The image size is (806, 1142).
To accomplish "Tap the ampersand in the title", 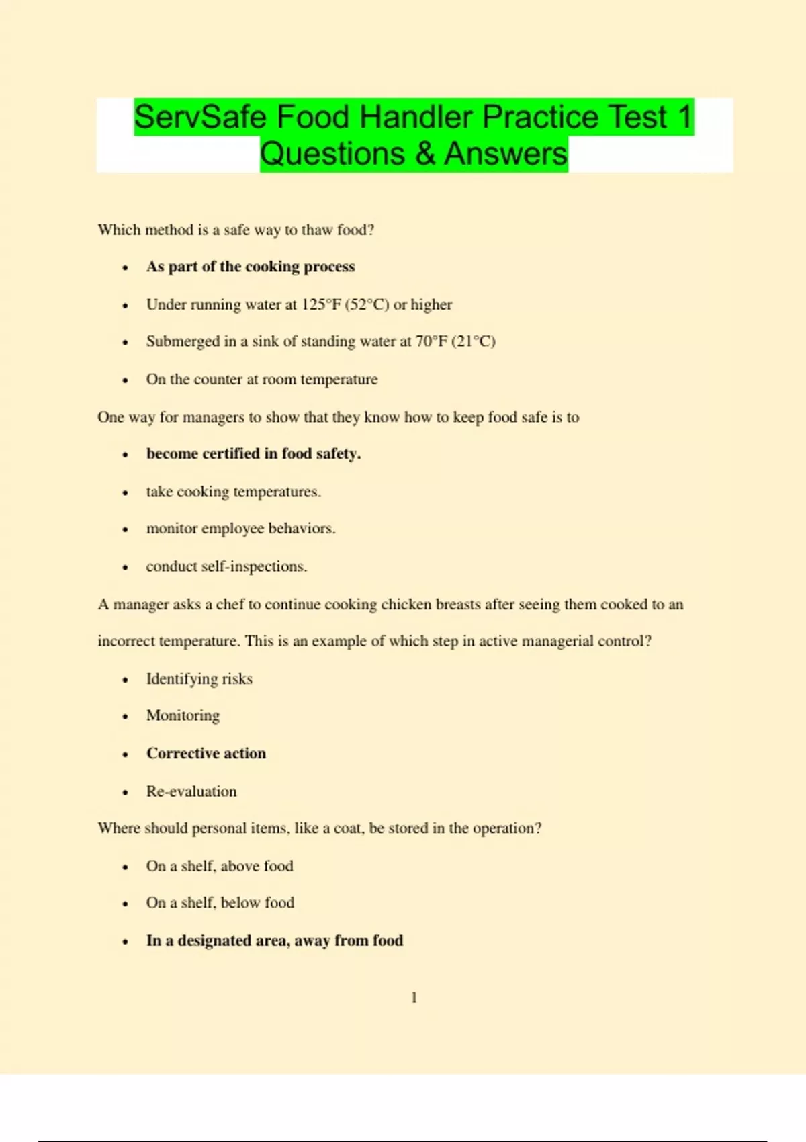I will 424,154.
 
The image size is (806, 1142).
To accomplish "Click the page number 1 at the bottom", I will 414,998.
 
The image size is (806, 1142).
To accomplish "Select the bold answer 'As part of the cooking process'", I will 251,267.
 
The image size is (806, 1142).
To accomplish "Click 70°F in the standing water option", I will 431,341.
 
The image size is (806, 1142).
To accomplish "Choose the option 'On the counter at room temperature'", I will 262,379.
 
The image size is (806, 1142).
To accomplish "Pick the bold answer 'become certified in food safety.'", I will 253,454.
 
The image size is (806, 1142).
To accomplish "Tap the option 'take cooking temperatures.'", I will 234,492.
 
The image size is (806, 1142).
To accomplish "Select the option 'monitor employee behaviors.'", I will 240,529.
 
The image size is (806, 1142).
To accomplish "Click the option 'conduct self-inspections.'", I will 226,566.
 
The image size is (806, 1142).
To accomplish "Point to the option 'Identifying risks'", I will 199,679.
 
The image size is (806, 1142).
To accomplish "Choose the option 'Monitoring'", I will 183,715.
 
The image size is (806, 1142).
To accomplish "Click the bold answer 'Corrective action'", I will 206,754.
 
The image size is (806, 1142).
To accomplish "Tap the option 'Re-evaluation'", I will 191,791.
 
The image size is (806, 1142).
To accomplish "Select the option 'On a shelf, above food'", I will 220,866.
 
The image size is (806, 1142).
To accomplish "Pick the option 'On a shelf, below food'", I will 220,903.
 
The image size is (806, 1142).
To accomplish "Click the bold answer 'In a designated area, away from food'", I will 275,940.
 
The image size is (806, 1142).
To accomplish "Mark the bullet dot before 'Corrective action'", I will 125,754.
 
